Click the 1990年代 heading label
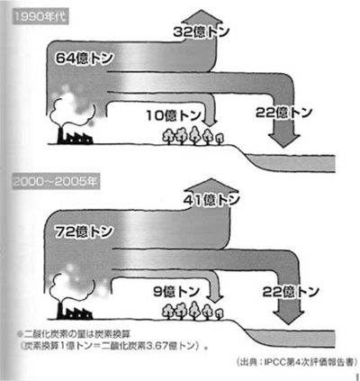coord(40,17)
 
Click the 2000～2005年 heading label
coord(56,182)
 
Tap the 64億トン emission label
coord(84,58)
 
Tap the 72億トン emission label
coord(84,231)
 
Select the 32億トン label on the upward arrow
coord(202,32)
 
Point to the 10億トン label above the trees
coord(174,115)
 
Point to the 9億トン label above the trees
coord(176,291)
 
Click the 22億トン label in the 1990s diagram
coord(283,113)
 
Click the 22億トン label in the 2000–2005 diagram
coord(291,291)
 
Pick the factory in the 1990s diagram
coord(75,136)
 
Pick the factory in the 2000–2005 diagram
coord(75,312)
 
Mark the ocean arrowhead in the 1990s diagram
coord(283,140)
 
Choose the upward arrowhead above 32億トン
coord(202,17)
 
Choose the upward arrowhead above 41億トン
coord(211,186)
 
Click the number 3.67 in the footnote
coord(155,346)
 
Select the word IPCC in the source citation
coord(274,361)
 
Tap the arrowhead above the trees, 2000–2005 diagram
coord(216,297)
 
